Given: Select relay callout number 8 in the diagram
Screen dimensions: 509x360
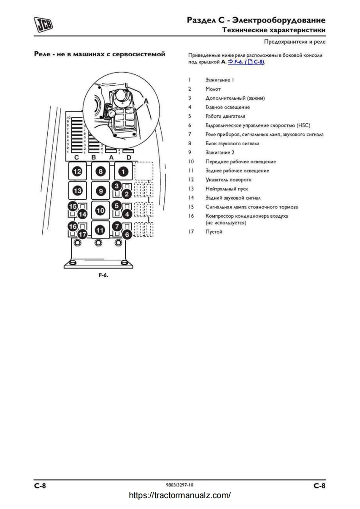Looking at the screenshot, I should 101,171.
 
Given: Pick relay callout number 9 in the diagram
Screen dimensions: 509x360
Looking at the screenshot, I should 101,191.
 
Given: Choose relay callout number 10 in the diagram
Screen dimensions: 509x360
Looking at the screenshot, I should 101,210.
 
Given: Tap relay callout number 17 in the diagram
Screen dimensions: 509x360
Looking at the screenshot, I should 82,235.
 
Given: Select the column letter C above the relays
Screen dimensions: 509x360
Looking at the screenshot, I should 77,157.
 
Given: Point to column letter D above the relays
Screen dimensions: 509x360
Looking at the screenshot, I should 128,157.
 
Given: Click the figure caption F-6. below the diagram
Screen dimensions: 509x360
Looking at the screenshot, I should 103,275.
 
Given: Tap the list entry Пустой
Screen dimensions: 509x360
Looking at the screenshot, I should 214,232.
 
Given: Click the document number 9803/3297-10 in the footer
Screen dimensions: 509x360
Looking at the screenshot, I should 180,485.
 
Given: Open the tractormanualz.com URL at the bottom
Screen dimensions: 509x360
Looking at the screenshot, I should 180,495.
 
